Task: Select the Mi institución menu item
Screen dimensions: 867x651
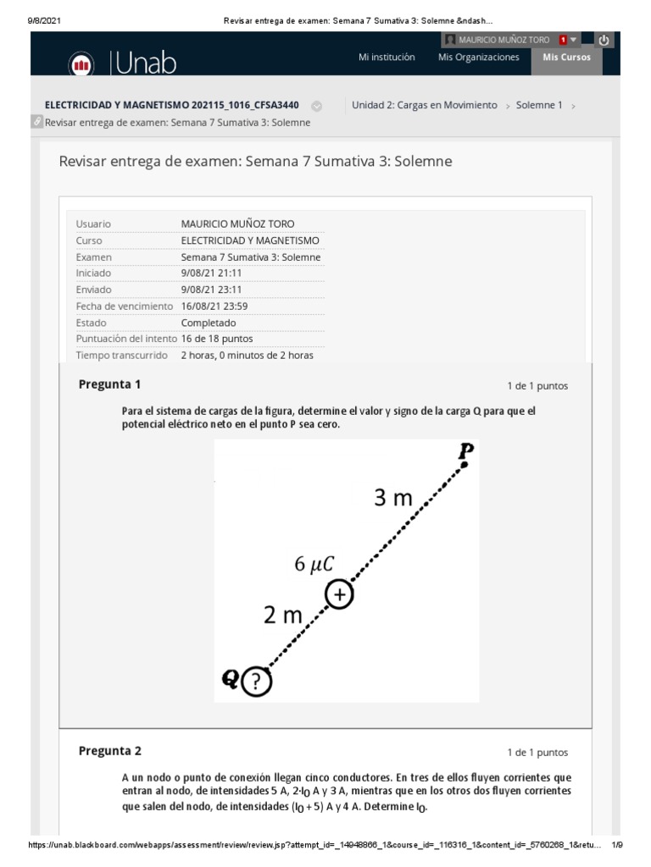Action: [387, 58]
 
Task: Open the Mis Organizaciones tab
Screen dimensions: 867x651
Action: [478, 58]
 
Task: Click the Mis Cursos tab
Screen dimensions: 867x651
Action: [567, 58]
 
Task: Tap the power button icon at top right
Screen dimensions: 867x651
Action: [603, 40]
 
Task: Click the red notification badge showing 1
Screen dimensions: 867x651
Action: [563, 40]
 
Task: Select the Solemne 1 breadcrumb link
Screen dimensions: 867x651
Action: [539, 105]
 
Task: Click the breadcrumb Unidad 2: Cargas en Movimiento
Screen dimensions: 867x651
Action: [424, 105]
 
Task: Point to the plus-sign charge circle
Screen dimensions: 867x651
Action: [339, 595]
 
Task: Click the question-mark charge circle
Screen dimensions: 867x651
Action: [257, 681]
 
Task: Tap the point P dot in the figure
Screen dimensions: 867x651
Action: [464, 464]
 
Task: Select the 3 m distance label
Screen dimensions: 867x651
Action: [393, 499]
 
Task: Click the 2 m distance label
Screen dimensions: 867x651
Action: [282, 616]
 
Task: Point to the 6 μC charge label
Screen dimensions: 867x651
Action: [314, 565]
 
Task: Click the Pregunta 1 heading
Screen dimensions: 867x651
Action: [109, 384]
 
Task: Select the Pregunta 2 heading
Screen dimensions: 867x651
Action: [109, 751]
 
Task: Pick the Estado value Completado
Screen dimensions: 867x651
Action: [209, 323]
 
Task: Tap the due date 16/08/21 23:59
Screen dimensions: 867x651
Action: [214, 306]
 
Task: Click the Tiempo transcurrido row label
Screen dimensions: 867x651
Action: [123, 356]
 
